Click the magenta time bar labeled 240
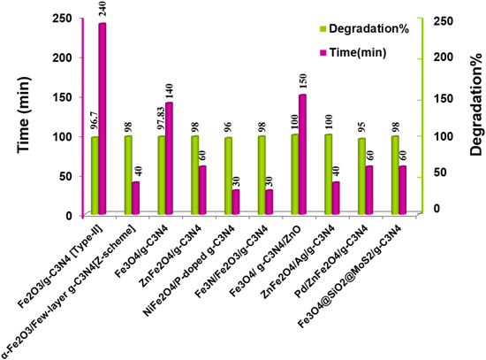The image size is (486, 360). click(103, 119)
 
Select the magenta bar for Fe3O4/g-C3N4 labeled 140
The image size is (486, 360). click(169, 158)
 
